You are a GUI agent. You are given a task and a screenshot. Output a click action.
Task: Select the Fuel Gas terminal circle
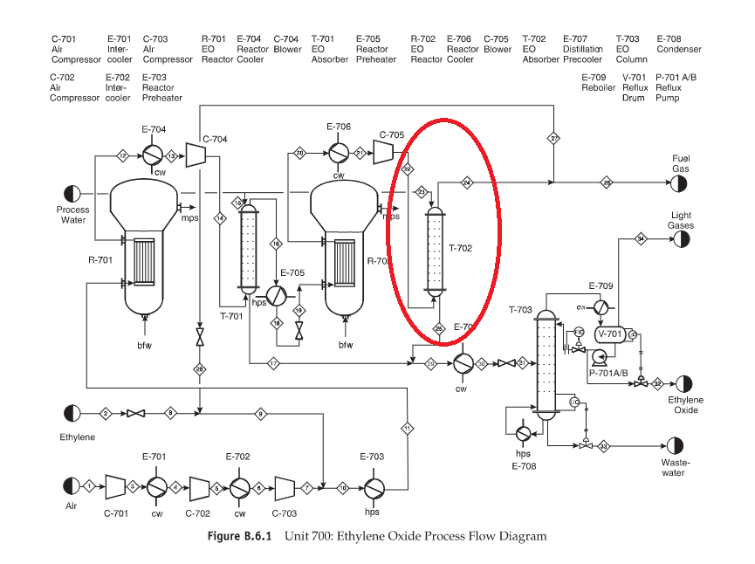[x=678, y=183]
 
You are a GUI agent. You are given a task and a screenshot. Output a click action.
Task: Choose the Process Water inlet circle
[x=72, y=194]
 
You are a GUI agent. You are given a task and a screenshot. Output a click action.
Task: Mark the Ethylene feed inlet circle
[x=72, y=413]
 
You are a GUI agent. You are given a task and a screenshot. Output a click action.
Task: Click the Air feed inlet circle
[x=72, y=485]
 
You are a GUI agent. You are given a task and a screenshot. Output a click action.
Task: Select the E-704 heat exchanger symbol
[x=154, y=155]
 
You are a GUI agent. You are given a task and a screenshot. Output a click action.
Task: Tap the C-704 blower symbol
[x=197, y=155]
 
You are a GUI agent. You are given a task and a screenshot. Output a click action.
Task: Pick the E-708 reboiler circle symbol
[x=522, y=433]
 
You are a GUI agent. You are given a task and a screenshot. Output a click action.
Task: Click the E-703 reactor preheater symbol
[x=375, y=486]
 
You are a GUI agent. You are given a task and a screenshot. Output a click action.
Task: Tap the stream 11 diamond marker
[x=407, y=428]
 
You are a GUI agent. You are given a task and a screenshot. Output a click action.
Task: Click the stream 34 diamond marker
[x=641, y=237]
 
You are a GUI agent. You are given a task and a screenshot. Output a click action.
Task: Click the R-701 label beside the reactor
[x=100, y=260]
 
